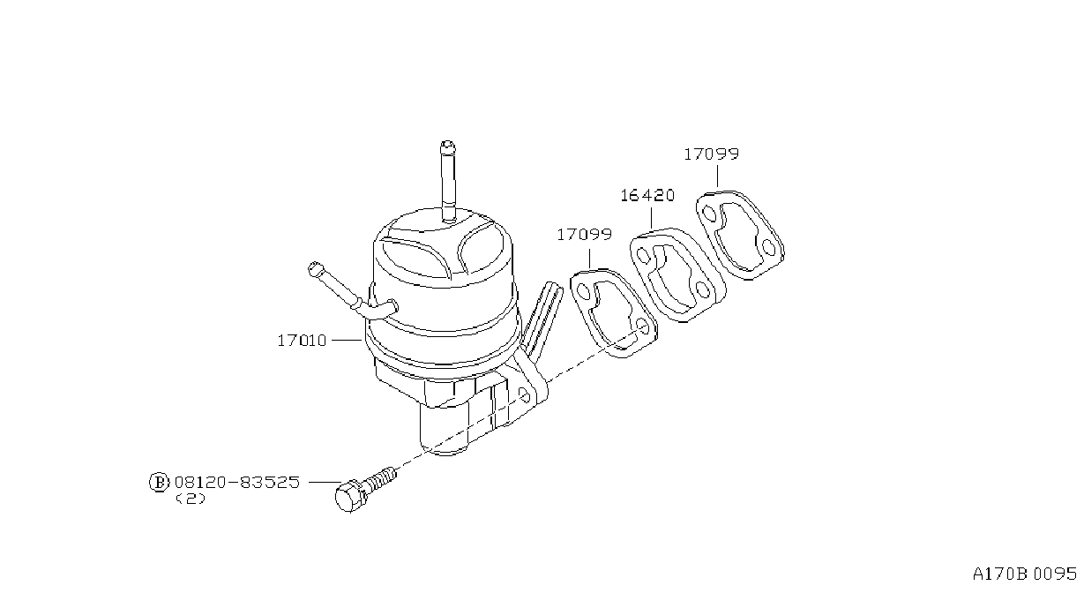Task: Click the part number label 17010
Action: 302,341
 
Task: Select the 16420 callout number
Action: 647,196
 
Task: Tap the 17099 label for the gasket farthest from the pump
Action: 712,154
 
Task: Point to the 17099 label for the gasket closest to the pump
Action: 584,235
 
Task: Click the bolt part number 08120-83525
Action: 237,482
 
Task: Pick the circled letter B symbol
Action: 159,483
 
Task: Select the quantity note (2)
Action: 191,499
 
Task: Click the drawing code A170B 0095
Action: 1025,574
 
